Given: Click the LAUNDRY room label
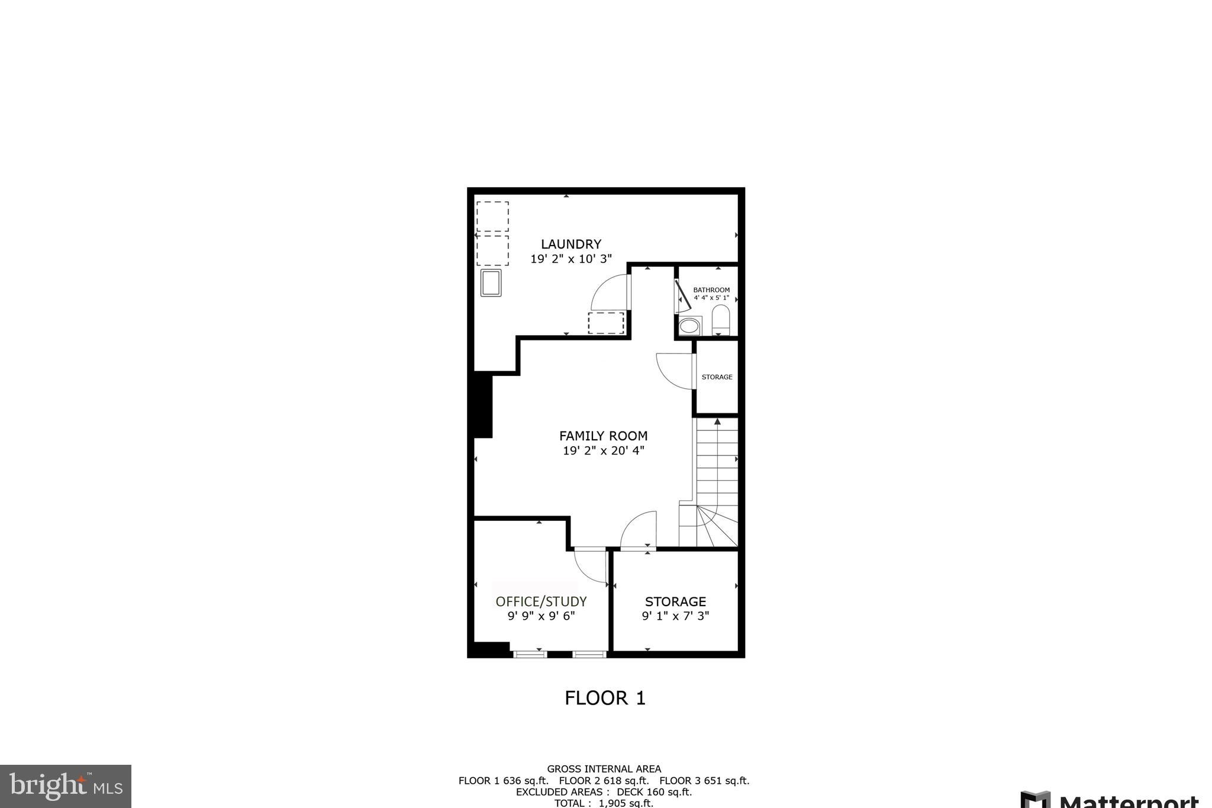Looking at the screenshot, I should pyautogui.click(x=570, y=244).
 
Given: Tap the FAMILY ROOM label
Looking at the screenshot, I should pyautogui.click(x=603, y=436).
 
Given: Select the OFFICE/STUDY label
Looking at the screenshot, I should pyautogui.click(x=541, y=601).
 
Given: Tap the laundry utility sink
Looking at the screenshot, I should pyautogui.click(x=491, y=282).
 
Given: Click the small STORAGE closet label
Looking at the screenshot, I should pyautogui.click(x=717, y=377).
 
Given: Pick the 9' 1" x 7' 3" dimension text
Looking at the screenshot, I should pyautogui.click(x=675, y=616).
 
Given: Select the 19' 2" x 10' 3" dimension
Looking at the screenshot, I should pyautogui.click(x=570, y=259).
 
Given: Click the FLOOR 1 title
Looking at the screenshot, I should pyautogui.click(x=605, y=698).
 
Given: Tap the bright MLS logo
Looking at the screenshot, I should pyautogui.click(x=66, y=786).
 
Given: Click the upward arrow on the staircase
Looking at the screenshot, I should pyautogui.click(x=717, y=421).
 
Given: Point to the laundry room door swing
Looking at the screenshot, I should pyautogui.click(x=610, y=292).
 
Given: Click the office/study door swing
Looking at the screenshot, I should pyautogui.click(x=591, y=566).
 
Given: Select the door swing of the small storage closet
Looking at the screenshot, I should pyautogui.click(x=675, y=371).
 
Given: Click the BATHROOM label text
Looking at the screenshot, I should pyautogui.click(x=711, y=290).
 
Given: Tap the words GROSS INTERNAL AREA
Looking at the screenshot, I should pyautogui.click(x=604, y=769).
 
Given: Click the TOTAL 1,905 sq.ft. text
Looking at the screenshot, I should pyautogui.click(x=604, y=803).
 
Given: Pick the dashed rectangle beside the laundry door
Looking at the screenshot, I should pyautogui.click(x=605, y=323).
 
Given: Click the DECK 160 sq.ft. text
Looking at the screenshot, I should pyautogui.click(x=654, y=792).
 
